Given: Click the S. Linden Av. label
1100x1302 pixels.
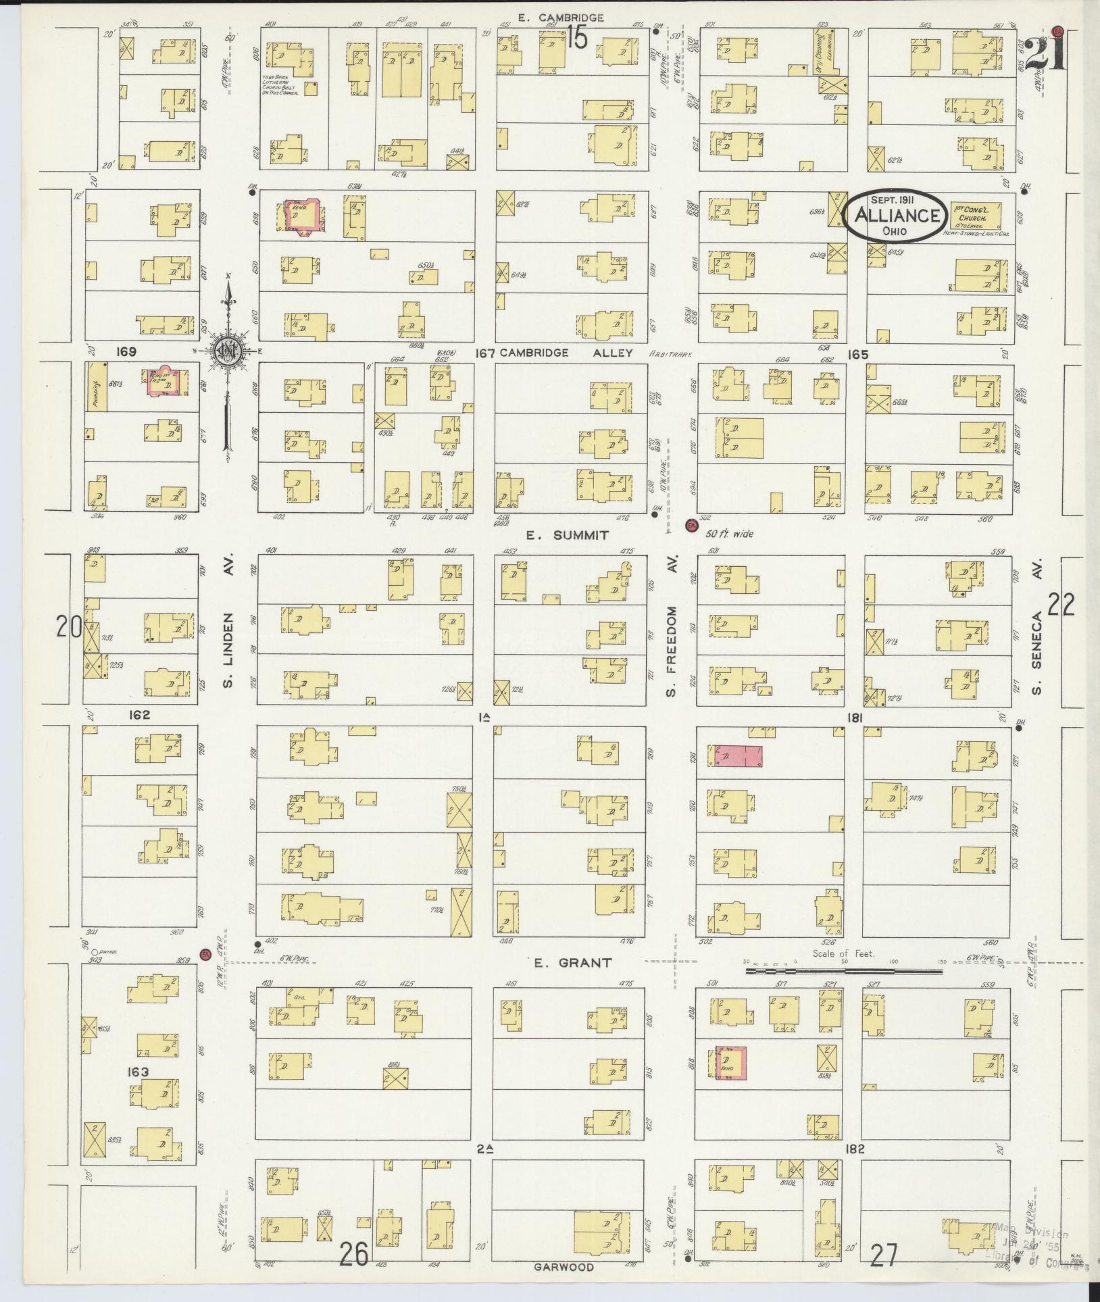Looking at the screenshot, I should pyautogui.click(x=228, y=632).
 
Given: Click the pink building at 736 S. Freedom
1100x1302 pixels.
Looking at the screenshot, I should pyautogui.click(x=735, y=756).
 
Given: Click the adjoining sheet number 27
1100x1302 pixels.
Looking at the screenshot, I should pyautogui.click(x=884, y=1255).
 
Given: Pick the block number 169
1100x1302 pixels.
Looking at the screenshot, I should pyautogui.click(x=126, y=352).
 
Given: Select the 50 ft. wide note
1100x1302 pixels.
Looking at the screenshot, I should pyautogui.click(x=730, y=533).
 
